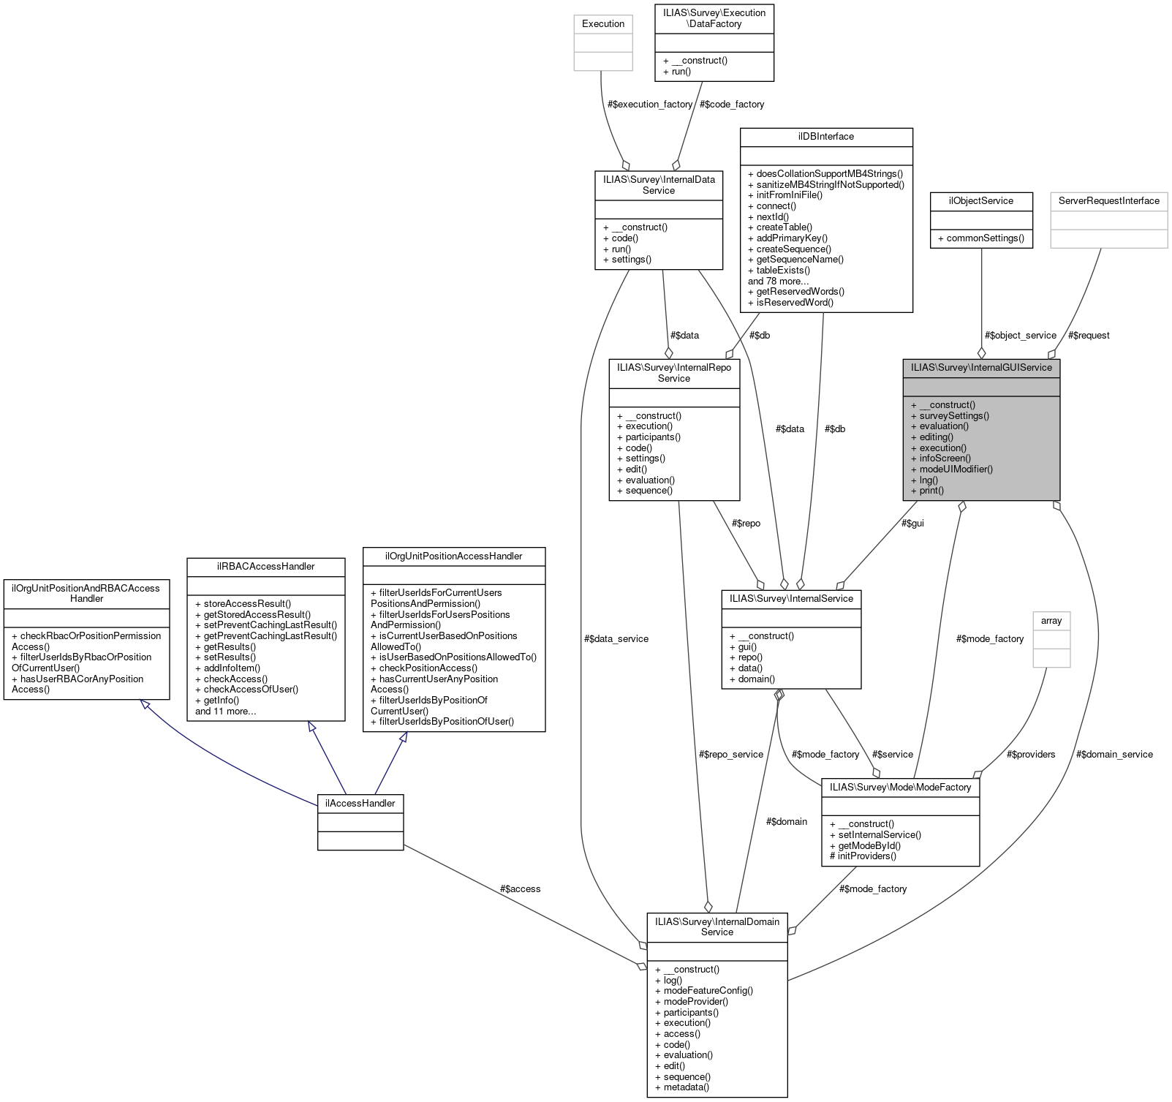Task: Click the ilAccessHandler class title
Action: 360,803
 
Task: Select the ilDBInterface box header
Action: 826,137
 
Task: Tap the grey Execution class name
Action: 603,24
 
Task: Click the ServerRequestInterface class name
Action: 1108,201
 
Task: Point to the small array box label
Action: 1051,621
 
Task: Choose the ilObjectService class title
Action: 980,201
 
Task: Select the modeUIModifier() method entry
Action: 951,469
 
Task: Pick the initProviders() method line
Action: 863,856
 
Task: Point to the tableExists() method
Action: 779,271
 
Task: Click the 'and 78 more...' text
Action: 778,282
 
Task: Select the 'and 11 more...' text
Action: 225,712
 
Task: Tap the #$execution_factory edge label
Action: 649,105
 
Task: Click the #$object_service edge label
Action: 1020,336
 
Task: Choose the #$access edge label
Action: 520,889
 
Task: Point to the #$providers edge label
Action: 1030,755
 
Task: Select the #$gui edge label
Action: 912,524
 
